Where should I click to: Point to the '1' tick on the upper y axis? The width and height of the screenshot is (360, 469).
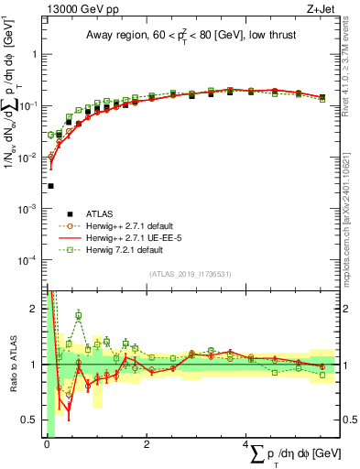tap(38, 54)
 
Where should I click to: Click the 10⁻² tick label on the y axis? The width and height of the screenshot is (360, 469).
tap(32, 158)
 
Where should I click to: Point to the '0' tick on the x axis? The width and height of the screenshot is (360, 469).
tap(47, 443)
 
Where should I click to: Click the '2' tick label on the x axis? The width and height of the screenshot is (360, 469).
tap(147, 443)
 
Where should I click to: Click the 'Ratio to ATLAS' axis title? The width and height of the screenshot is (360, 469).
tap(13, 365)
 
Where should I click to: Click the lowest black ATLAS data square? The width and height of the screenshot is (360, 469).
tap(50, 186)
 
